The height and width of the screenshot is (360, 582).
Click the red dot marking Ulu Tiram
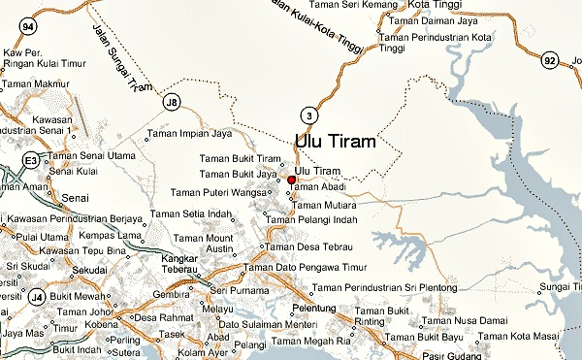point(291,180)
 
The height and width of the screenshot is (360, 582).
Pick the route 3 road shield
point(308,115)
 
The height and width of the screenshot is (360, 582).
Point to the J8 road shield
point(172,101)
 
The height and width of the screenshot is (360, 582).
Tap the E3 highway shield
point(32,158)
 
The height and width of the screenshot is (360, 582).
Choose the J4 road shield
point(36,296)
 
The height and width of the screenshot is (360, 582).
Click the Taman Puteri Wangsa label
point(220,192)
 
